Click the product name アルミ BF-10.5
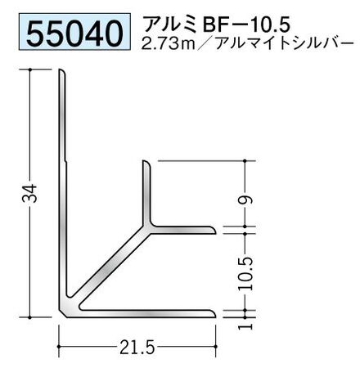216,24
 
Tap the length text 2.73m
169,43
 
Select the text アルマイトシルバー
285,43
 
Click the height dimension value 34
29,193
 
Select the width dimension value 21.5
137,348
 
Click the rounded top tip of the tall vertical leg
61,71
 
